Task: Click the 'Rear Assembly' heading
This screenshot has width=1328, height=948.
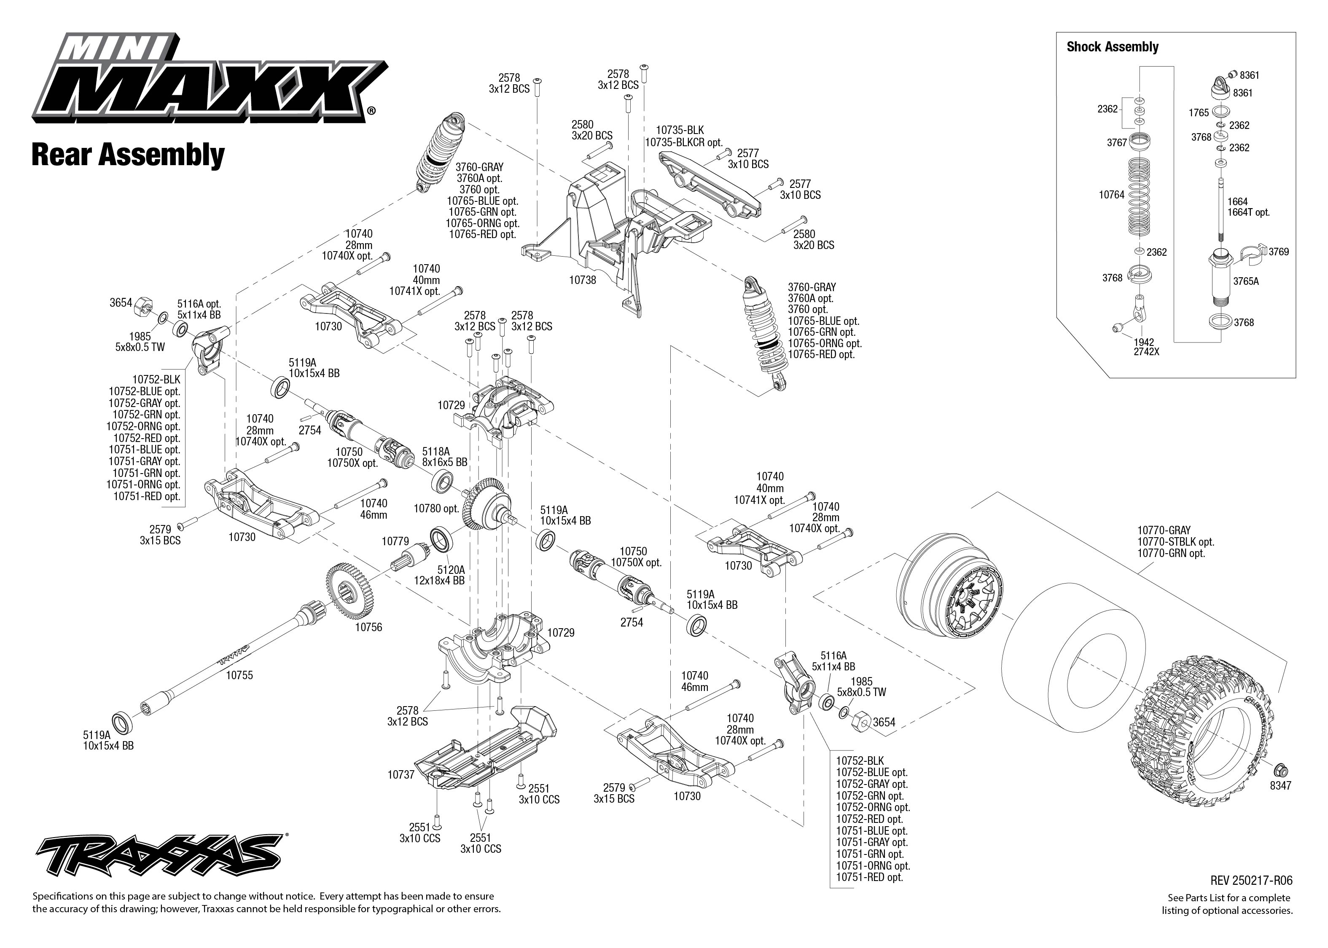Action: (x=127, y=155)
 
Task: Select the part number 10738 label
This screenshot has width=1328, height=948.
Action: (x=582, y=280)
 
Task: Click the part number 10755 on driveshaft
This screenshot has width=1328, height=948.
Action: (x=239, y=675)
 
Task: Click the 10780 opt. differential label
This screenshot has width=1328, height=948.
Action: (x=436, y=509)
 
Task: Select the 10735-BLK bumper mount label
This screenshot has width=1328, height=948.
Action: (x=679, y=131)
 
